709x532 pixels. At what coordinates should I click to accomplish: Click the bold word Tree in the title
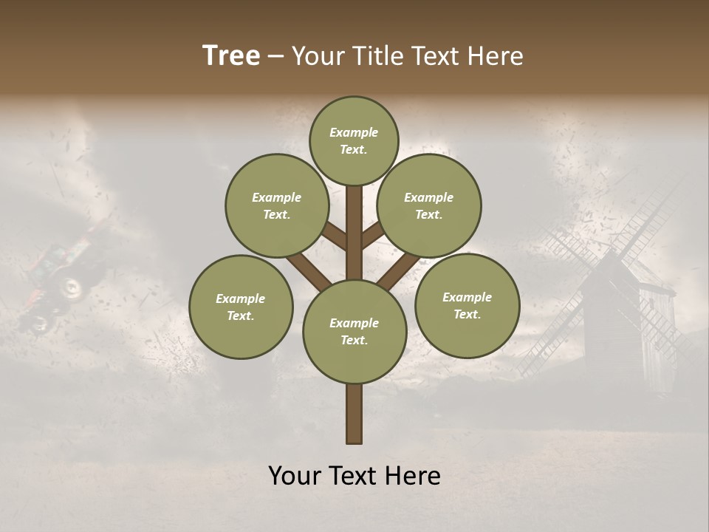pyautogui.click(x=231, y=56)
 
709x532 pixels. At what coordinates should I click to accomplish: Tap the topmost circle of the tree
pyautogui.click(x=354, y=140)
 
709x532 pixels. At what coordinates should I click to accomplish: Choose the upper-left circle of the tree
pyautogui.click(x=276, y=205)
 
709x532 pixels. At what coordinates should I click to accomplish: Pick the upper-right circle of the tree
pyautogui.click(x=429, y=205)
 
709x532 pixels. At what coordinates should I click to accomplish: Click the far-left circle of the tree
pyautogui.click(x=241, y=307)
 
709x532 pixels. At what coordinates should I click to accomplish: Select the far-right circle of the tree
pyautogui.click(x=467, y=305)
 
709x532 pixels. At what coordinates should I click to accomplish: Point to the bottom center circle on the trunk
pyautogui.click(x=354, y=331)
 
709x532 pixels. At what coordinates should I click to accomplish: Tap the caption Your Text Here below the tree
pyautogui.click(x=354, y=476)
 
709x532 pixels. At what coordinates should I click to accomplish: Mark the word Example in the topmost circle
pyautogui.click(x=354, y=132)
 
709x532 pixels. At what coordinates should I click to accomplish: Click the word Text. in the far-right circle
pyautogui.click(x=467, y=314)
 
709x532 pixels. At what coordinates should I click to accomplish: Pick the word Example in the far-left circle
pyautogui.click(x=241, y=299)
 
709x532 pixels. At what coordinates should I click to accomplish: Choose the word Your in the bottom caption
pyautogui.click(x=295, y=476)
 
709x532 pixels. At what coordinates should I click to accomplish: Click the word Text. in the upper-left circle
pyautogui.click(x=276, y=214)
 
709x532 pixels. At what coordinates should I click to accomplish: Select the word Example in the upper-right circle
pyautogui.click(x=429, y=197)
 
